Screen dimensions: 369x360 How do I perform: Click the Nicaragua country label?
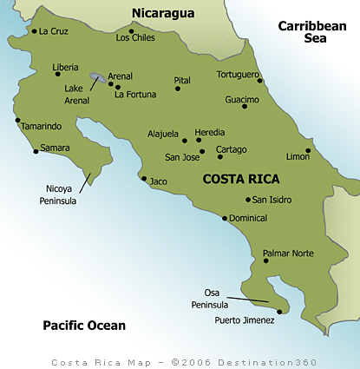tap(164, 12)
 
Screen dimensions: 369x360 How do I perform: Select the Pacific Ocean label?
tap(84, 326)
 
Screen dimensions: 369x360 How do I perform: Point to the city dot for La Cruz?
tap(34, 31)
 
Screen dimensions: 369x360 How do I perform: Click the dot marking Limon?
tap(308, 150)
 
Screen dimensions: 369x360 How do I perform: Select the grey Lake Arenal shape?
tap(99, 76)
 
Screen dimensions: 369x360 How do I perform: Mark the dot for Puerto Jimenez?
tap(279, 312)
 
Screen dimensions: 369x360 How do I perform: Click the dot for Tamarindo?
tap(16, 120)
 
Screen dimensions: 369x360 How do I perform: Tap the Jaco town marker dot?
tap(144, 179)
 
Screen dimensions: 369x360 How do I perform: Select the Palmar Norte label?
tap(288, 254)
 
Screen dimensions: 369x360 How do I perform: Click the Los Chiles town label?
tap(134, 38)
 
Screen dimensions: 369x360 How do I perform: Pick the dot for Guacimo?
tap(245, 106)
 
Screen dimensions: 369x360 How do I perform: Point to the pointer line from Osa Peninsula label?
tap(252, 300)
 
